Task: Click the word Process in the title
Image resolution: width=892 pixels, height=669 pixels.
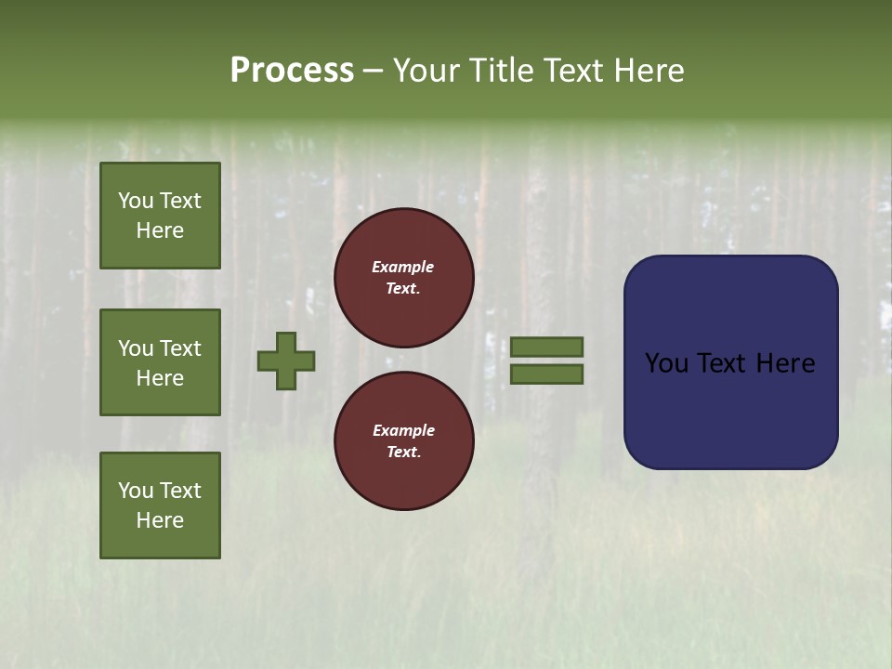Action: [x=292, y=71]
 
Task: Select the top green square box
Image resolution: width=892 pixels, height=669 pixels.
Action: [x=160, y=216]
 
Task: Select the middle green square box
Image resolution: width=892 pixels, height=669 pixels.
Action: [x=160, y=362]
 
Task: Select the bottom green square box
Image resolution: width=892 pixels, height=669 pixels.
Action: [x=160, y=505]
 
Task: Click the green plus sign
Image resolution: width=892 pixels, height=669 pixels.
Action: [x=286, y=361]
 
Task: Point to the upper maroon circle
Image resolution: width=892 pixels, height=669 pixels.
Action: [x=403, y=278]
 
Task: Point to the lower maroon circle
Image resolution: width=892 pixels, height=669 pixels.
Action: [x=403, y=441]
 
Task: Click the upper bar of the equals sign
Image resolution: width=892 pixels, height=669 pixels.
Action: [x=546, y=348]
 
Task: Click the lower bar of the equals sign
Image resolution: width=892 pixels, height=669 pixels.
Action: [x=546, y=374]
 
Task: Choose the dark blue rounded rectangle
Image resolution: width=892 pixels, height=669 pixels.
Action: [x=730, y=362]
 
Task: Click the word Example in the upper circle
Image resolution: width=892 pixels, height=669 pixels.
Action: [x=403, y=267]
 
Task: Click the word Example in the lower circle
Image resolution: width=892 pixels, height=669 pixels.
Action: [x=403, y=430]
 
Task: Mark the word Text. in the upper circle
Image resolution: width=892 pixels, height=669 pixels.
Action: [x=403, y=289]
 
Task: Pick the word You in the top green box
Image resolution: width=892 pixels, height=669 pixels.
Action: [x=136, y=201]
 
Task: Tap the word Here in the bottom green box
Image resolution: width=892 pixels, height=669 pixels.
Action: [x=160, y=520]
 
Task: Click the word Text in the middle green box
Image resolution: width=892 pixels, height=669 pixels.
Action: [x=179, y=348]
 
